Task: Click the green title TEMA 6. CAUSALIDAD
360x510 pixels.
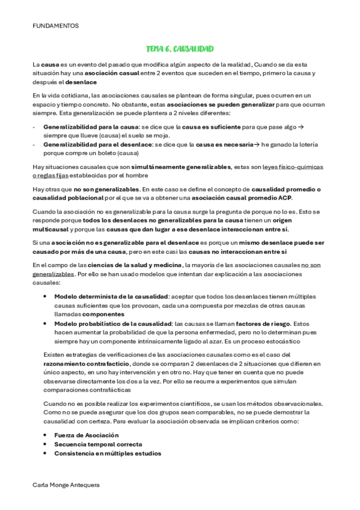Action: point(180,48)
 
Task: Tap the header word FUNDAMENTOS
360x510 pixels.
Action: point(55,26)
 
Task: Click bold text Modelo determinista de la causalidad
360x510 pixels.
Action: point(111,296)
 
